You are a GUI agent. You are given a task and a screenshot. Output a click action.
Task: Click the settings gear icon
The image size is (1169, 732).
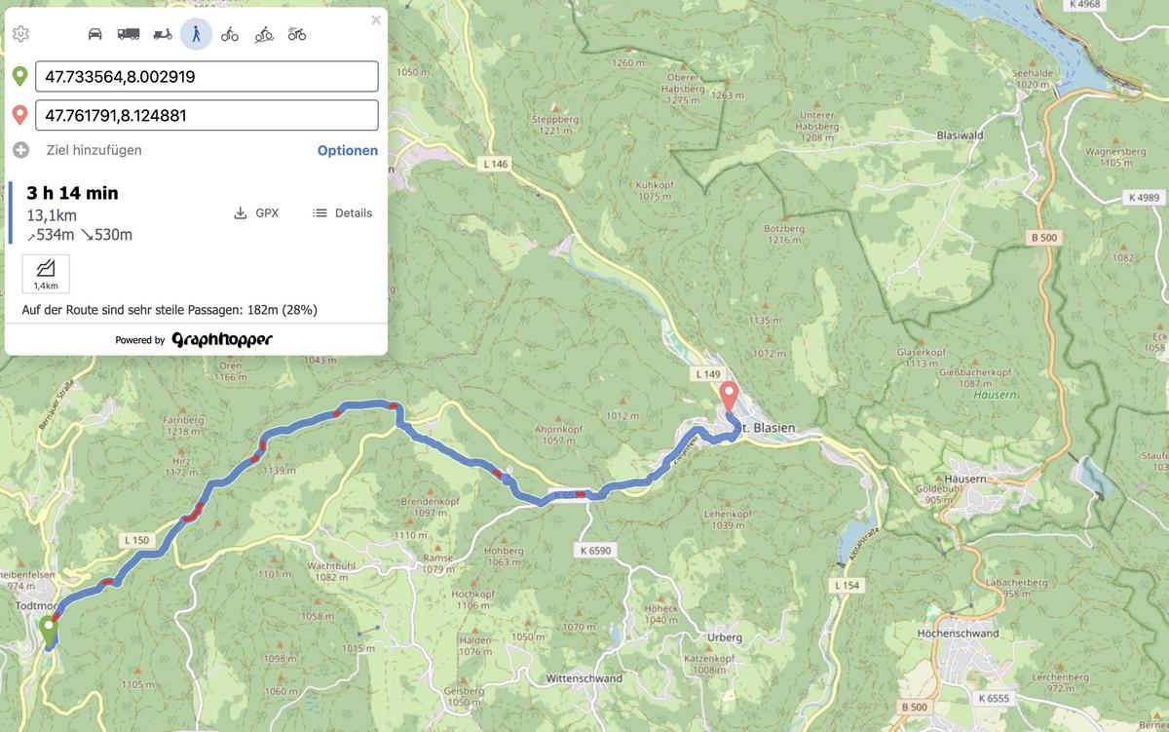tap(20, 34)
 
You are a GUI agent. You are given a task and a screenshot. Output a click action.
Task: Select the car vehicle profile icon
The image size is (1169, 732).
tap(94, 34)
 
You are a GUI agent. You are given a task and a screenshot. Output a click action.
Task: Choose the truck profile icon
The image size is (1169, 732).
tap(129, 34)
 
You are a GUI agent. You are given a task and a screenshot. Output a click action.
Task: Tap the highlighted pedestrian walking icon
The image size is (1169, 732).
tap(196, 34)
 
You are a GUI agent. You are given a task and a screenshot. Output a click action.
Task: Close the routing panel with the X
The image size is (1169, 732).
tap(376, 19)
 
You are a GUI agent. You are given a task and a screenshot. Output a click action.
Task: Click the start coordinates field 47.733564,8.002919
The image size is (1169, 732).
tap(207, 76)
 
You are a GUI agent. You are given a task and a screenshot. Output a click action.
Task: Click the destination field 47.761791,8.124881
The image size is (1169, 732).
tap(207, 115)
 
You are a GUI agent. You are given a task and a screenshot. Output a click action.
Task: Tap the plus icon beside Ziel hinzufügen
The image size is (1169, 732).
tap(20, 150)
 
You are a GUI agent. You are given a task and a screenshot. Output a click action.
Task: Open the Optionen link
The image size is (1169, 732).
tap(348, 150)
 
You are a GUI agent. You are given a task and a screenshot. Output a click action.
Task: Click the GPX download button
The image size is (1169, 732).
tap(256, 212)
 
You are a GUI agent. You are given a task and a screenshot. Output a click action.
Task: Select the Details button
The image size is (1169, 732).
tap(342, 212)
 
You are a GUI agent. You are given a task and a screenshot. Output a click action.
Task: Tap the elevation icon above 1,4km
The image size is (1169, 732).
tap(46, 269)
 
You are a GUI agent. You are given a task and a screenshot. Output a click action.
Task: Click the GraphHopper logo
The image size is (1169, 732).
tap(222, 339)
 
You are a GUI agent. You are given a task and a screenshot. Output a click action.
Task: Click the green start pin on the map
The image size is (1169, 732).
tap(48, 630)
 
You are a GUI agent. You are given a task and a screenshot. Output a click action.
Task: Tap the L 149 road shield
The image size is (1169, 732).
tap(708, 373)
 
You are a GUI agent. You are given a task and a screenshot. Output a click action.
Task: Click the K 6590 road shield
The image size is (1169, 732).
tap(595, 551)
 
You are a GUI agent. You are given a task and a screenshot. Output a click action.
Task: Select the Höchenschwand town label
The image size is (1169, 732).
tap(958, 634)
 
